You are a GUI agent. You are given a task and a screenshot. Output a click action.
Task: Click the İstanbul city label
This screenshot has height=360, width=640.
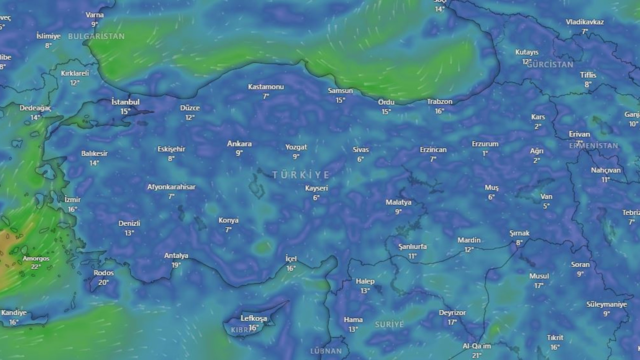point(125,102)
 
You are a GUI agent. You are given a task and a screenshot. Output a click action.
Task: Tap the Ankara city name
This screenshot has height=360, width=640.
point(239,144)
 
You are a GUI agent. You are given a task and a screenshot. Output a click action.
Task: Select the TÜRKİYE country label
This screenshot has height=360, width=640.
point(301,175)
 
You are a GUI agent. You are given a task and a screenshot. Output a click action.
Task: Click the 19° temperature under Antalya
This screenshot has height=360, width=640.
point(176,265)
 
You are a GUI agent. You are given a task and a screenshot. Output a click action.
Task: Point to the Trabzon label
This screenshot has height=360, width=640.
point(439,101)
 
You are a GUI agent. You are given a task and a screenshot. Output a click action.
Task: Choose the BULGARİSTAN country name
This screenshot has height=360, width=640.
point(96,36)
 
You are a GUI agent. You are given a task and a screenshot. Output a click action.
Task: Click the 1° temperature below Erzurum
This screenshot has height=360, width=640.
point(485,153)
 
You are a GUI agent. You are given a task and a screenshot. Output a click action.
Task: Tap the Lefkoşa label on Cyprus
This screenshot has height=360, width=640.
point(254,318)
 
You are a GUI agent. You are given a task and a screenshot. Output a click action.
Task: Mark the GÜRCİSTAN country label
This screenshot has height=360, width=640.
point(550,65)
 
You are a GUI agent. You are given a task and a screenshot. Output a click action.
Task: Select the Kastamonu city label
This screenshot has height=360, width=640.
point(266,87)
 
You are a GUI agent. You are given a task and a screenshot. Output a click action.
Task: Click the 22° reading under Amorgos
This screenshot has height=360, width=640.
point(36,267)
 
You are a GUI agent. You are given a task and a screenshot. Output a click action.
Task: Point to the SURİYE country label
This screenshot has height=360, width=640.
point(389,324)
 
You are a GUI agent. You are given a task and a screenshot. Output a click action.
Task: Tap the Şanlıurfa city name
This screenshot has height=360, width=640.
point(412,246)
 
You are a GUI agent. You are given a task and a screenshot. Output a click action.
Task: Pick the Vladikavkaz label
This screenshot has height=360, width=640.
point(585,22)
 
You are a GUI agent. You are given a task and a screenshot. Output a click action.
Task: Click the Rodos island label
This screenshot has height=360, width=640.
point(103,273)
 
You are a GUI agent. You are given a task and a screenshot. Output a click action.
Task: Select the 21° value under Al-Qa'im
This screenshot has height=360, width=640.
point(476,355)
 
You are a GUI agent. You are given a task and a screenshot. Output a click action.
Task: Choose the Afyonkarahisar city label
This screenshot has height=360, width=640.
point(171,187)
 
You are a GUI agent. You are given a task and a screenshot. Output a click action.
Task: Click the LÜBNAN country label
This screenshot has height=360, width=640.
point(326,351)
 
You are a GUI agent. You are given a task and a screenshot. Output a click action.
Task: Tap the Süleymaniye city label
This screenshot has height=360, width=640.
point(606,304)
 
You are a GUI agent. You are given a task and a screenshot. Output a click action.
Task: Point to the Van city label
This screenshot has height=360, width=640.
point(546,196)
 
